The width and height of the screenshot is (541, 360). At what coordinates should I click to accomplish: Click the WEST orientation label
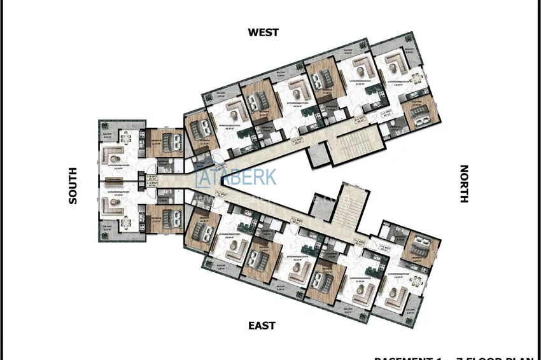pos(263,32)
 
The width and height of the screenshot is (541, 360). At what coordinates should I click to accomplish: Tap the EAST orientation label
pos(262,326)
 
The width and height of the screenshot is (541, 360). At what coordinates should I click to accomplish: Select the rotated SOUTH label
pos(73,186)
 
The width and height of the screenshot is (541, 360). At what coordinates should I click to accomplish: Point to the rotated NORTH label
pos(464,184)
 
